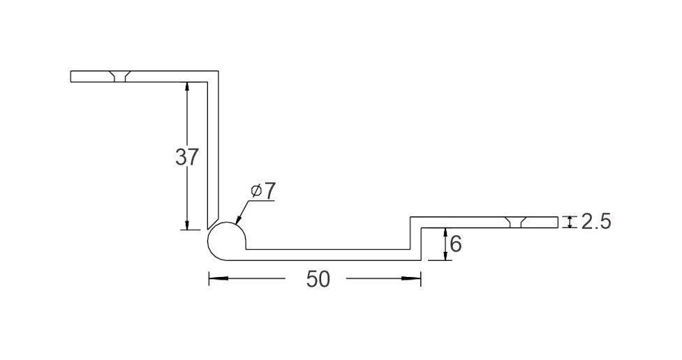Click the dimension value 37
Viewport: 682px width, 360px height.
[187, 157]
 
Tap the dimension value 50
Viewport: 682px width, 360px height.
[318, 279]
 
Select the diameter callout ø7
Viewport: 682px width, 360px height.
[263, 191]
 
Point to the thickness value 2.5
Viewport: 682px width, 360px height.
[596, 222]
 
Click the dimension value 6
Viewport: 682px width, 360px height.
[455, 244]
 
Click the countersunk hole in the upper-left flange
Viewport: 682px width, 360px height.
[118, 76]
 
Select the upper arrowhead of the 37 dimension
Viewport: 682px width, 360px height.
[187, 87]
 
